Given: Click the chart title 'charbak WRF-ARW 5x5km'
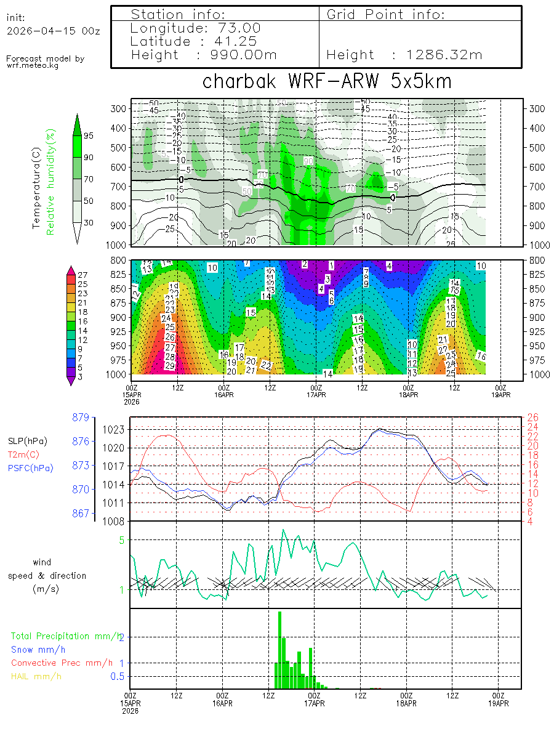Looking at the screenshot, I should click(x=327, y=81).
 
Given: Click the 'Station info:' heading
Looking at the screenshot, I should click(x=179, y=14).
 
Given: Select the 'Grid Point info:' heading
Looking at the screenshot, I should click(x=385, y=14).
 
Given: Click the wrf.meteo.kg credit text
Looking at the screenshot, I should click(x=33, y=65).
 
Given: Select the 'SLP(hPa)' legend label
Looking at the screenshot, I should click(x=27, y=441).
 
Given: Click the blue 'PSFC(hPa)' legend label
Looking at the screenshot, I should click(x=30, y=468).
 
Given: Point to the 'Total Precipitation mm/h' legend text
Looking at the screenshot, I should click(x=66, y=636).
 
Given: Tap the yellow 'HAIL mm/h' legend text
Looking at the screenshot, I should click(x=36, y=676).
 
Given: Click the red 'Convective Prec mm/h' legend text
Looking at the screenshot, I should click(x=62, y=663).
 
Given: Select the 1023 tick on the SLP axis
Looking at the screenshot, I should click(x=115, y=429).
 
